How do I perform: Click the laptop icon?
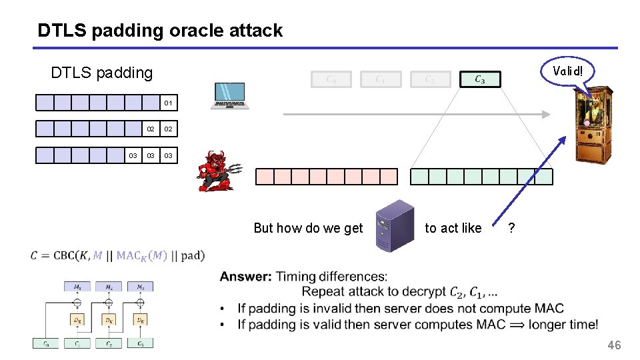click(x=229, y=95)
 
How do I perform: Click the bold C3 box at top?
click(x=480, y=79)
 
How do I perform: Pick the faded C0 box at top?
click(x=331, y=79)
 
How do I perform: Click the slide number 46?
click(x=613, y=345)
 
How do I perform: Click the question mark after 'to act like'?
click(x=511, y=228)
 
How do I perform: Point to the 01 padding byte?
click(x=168, y=103)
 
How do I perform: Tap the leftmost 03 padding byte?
click(x=133, y=155)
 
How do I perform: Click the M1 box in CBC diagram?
click(x=77, y=287)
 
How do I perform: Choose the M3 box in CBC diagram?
click(x=140, y=287)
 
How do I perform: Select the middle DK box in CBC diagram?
click(x=109, y=320)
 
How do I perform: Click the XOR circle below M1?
click(x=77, y=302)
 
